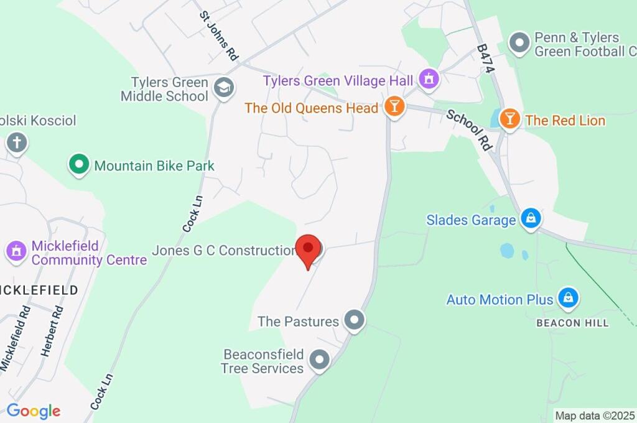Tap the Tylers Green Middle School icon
222,88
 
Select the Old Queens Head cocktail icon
394,107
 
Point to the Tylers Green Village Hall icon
428,79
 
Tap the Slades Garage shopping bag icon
531,218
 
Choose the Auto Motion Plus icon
567,299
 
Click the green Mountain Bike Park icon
78,165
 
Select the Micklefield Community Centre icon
16,251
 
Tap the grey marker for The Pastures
355,320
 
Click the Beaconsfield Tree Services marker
319,360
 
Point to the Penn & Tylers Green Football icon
518,43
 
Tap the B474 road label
485,58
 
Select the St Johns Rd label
218,35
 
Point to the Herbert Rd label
53,331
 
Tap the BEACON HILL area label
572,323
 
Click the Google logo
34,411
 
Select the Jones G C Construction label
223,251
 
